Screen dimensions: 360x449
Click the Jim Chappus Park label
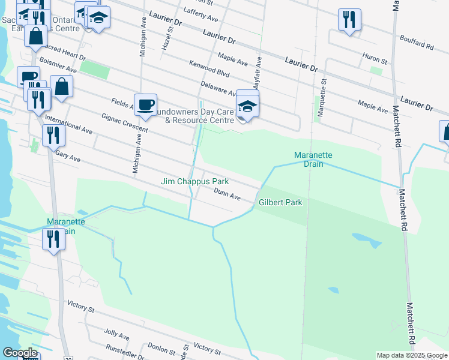coord(194,181)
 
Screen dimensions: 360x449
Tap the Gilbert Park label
coord(280,203)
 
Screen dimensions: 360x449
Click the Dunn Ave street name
coord(228,194)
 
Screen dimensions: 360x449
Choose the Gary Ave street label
coord(67,156)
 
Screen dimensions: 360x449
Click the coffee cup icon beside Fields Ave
coord(145,105)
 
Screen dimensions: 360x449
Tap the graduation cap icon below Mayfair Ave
coord(247,106)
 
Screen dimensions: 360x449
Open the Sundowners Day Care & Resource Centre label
coord(195,116)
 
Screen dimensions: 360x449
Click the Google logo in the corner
coord(20,353)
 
